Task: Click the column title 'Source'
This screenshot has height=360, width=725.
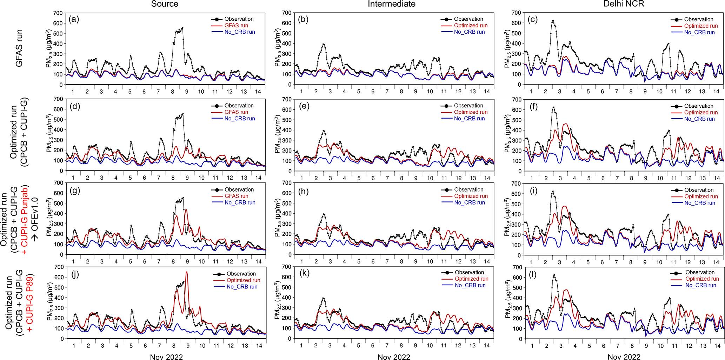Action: (165, 4)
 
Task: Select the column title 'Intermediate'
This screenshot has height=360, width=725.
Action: (391, 4)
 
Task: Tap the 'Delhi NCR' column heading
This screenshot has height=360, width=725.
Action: (624, 4)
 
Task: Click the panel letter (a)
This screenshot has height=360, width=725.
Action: (74, 19)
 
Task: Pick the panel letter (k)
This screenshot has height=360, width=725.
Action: (304, 273)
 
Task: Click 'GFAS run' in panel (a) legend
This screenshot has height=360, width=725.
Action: (236, 26)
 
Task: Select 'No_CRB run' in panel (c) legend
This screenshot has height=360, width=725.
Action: (699, 32)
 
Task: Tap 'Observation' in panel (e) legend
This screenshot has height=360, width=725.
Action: (468, 106)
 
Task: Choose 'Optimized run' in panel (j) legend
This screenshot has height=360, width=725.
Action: (243, 280)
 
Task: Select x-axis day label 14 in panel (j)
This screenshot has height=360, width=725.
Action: (259, 346)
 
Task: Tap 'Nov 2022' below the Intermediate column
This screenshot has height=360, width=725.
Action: (394, 357)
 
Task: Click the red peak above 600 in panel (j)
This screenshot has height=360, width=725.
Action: (187, 272)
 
